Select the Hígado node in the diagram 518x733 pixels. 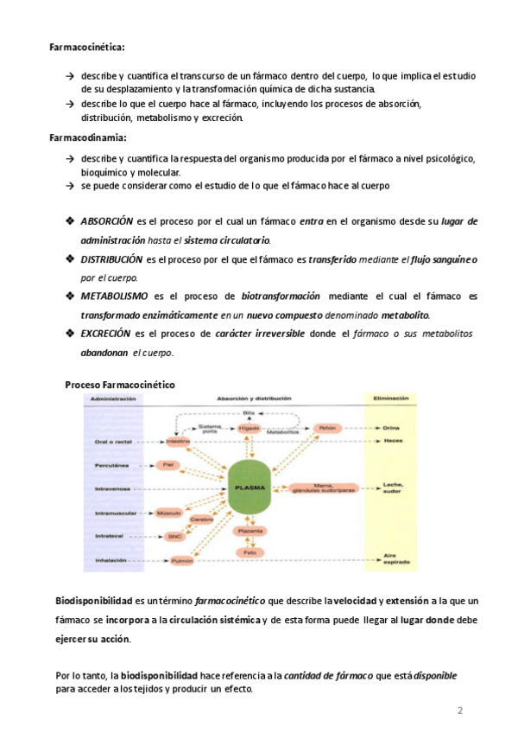(250, 428)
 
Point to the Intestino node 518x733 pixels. (178, 441)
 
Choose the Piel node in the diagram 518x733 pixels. (170, 464)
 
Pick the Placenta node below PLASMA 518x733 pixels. (250, 531)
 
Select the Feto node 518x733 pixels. (250, 551)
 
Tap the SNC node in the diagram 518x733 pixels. (175, 536)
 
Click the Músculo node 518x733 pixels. (169, 513)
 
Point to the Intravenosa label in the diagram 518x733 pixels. (112, 489)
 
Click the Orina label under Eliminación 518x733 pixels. (391, 428)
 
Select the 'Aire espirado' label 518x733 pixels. (391, 558)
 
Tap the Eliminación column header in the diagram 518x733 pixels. (391, 398)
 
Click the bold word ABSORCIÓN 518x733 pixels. (106, 222)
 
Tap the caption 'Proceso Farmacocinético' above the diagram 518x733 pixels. (120, 383)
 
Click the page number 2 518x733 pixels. (460, 711)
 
